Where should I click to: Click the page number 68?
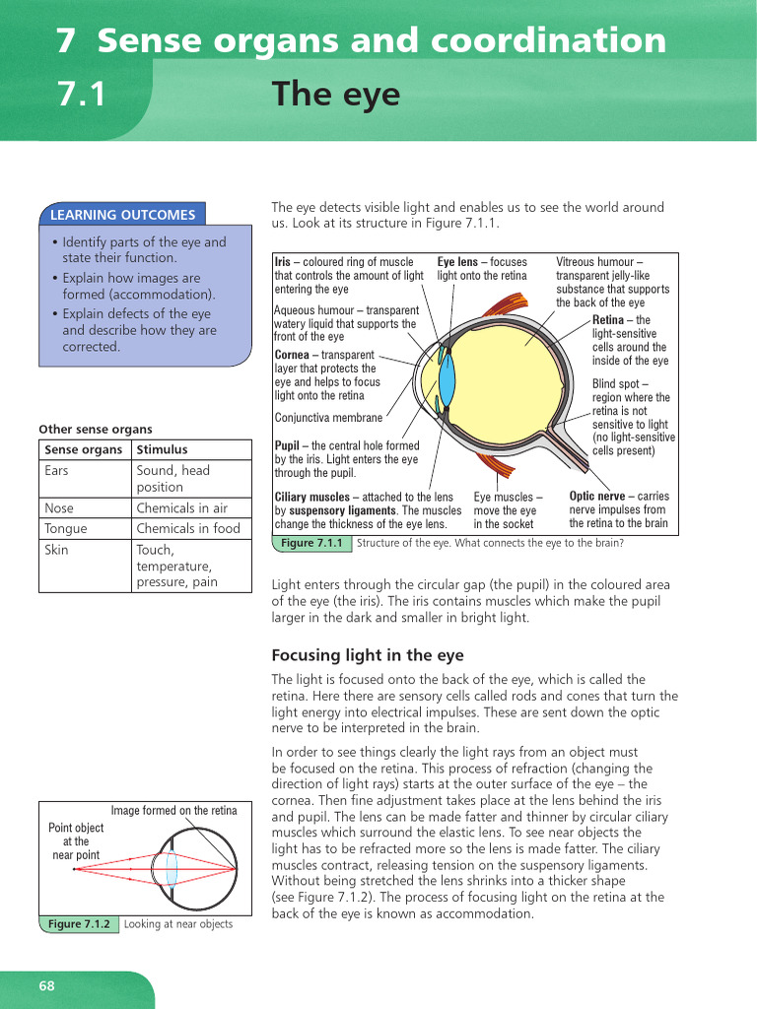(47, 986)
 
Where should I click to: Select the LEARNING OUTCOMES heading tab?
(122, 214)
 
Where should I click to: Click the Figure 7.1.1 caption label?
(311, 543)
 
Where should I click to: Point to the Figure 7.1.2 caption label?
(79, 924)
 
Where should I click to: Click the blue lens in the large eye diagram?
(447, 378)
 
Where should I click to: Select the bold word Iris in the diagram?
(283, 262)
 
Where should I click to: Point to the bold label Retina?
(608, 320)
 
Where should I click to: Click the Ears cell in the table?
(57, 471)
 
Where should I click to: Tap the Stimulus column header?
(162, 449)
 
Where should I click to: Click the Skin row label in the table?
(57, 550)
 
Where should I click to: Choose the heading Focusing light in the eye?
(367, 655)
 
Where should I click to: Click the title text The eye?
(336, 95)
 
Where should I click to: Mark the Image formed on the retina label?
(173, 811)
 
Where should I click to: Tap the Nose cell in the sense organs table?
(59, 508)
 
